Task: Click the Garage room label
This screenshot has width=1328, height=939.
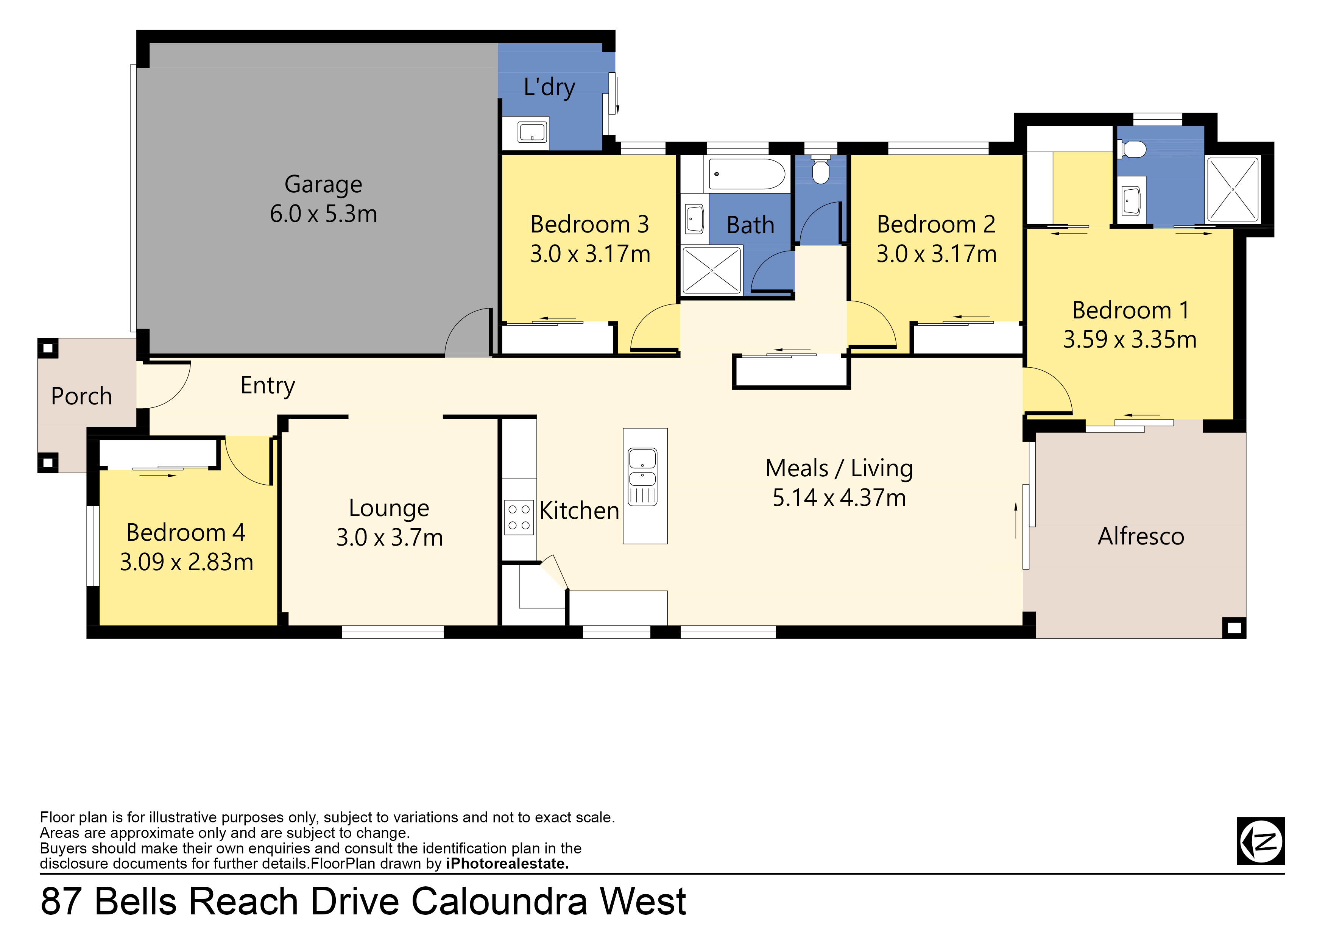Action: [323, 184]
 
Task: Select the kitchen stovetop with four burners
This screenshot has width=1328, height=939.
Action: [519, 517]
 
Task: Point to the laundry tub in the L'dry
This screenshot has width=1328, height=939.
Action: [532, 133]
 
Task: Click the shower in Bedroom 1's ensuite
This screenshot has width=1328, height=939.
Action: [1233, 189]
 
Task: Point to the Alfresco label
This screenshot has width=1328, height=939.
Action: [1141, 536]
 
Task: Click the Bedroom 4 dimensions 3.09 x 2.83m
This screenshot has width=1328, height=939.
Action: [186, 562]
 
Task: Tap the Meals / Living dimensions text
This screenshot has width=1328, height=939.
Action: [839, 498]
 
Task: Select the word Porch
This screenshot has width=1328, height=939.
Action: [81, 396]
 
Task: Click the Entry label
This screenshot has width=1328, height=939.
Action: [268, 386]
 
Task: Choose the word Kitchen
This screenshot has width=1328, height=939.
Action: [579, 511]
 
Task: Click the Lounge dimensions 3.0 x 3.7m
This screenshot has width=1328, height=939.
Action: [389, 538]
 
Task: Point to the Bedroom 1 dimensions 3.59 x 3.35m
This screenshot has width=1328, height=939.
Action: [1130, 340]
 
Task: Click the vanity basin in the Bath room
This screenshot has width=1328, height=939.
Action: [694, 219]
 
